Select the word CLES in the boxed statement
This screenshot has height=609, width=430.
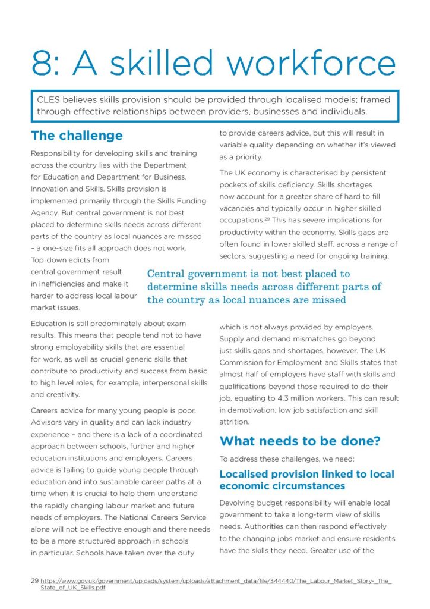pos(49,101)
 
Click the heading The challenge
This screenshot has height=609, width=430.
pos(77,136)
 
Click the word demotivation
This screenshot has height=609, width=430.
pos(257,410)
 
